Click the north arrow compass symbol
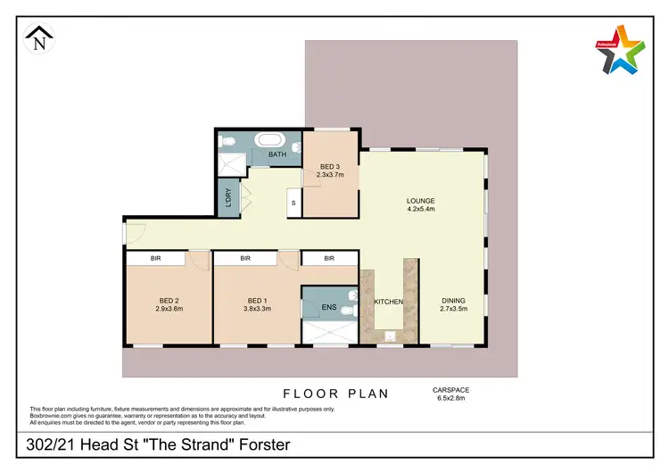37,38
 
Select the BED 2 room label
168,300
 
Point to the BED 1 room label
257,300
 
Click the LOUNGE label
420,202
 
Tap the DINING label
453,301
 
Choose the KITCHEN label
388,302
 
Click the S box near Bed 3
293,203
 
